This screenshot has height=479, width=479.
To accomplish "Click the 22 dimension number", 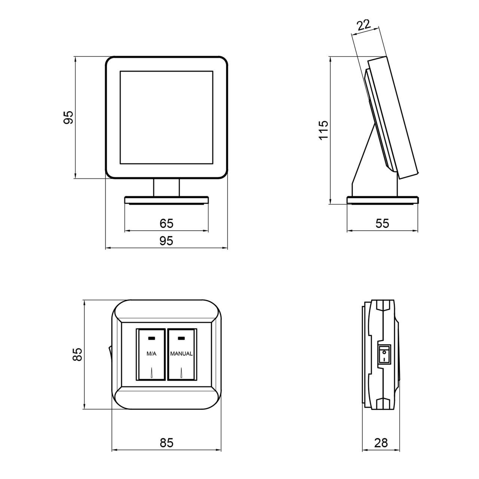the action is (364, 25).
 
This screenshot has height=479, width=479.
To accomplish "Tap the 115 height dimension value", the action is (323, 130).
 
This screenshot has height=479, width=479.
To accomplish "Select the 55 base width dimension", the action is (382, 223).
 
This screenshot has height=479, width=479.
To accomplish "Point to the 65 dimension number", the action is (166, 223).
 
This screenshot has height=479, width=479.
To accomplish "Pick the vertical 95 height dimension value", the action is (68, 118).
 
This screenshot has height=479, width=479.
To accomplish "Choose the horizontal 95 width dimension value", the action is (166, 241).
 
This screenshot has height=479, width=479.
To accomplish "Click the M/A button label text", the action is (152, 354).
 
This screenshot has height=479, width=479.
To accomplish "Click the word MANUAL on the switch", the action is (181, 354).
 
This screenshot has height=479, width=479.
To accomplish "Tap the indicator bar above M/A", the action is (152, 338).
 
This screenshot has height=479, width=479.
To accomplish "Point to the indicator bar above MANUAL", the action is (181, 338).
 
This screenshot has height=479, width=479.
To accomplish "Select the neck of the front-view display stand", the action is (166, 188).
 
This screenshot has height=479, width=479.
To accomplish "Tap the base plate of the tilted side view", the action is (382, 200).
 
